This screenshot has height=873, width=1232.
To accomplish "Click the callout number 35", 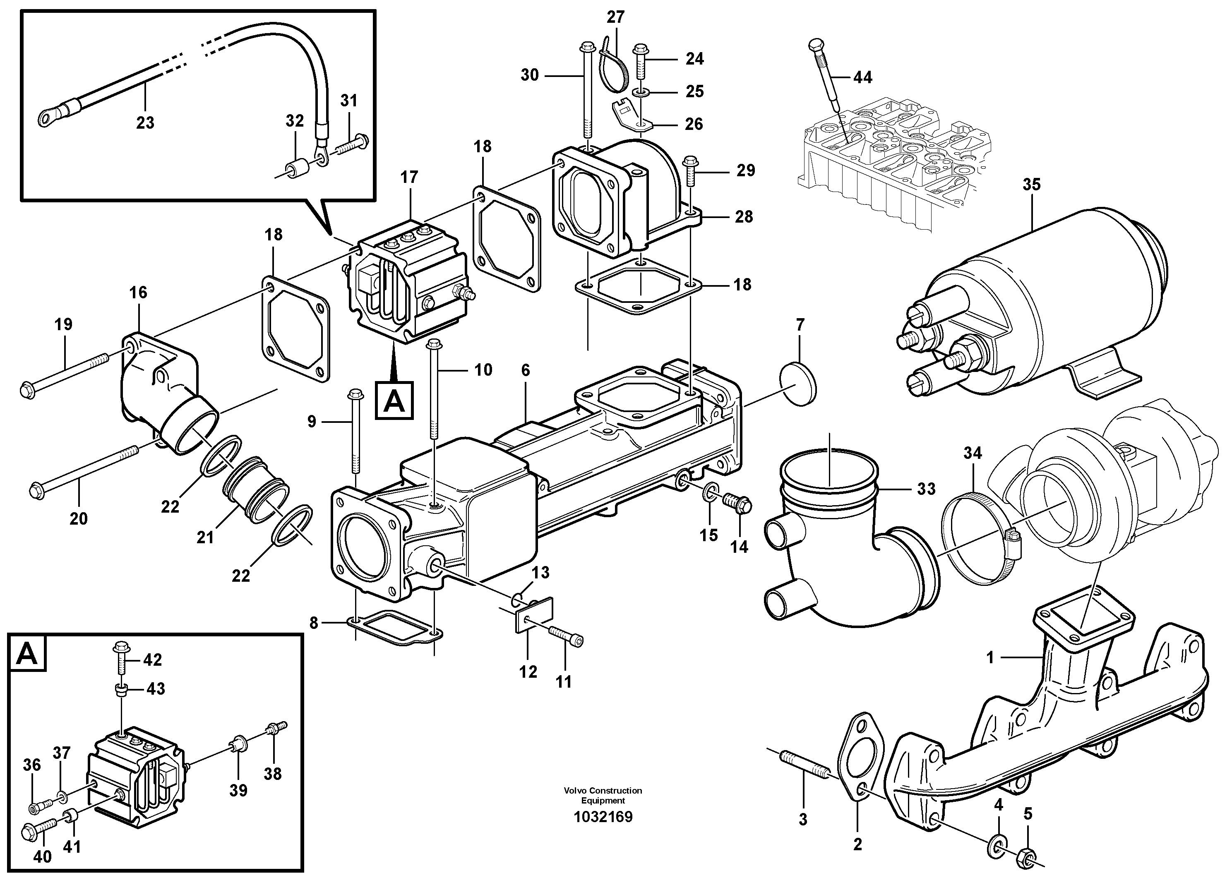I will [1031, 185].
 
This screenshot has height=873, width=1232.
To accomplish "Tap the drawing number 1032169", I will [603, 817].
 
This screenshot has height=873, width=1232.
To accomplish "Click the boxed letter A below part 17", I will [394, 400].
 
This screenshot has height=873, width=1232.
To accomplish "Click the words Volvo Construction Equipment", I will [603, 795].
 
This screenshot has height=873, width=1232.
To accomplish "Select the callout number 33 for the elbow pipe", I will [926, 489].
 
